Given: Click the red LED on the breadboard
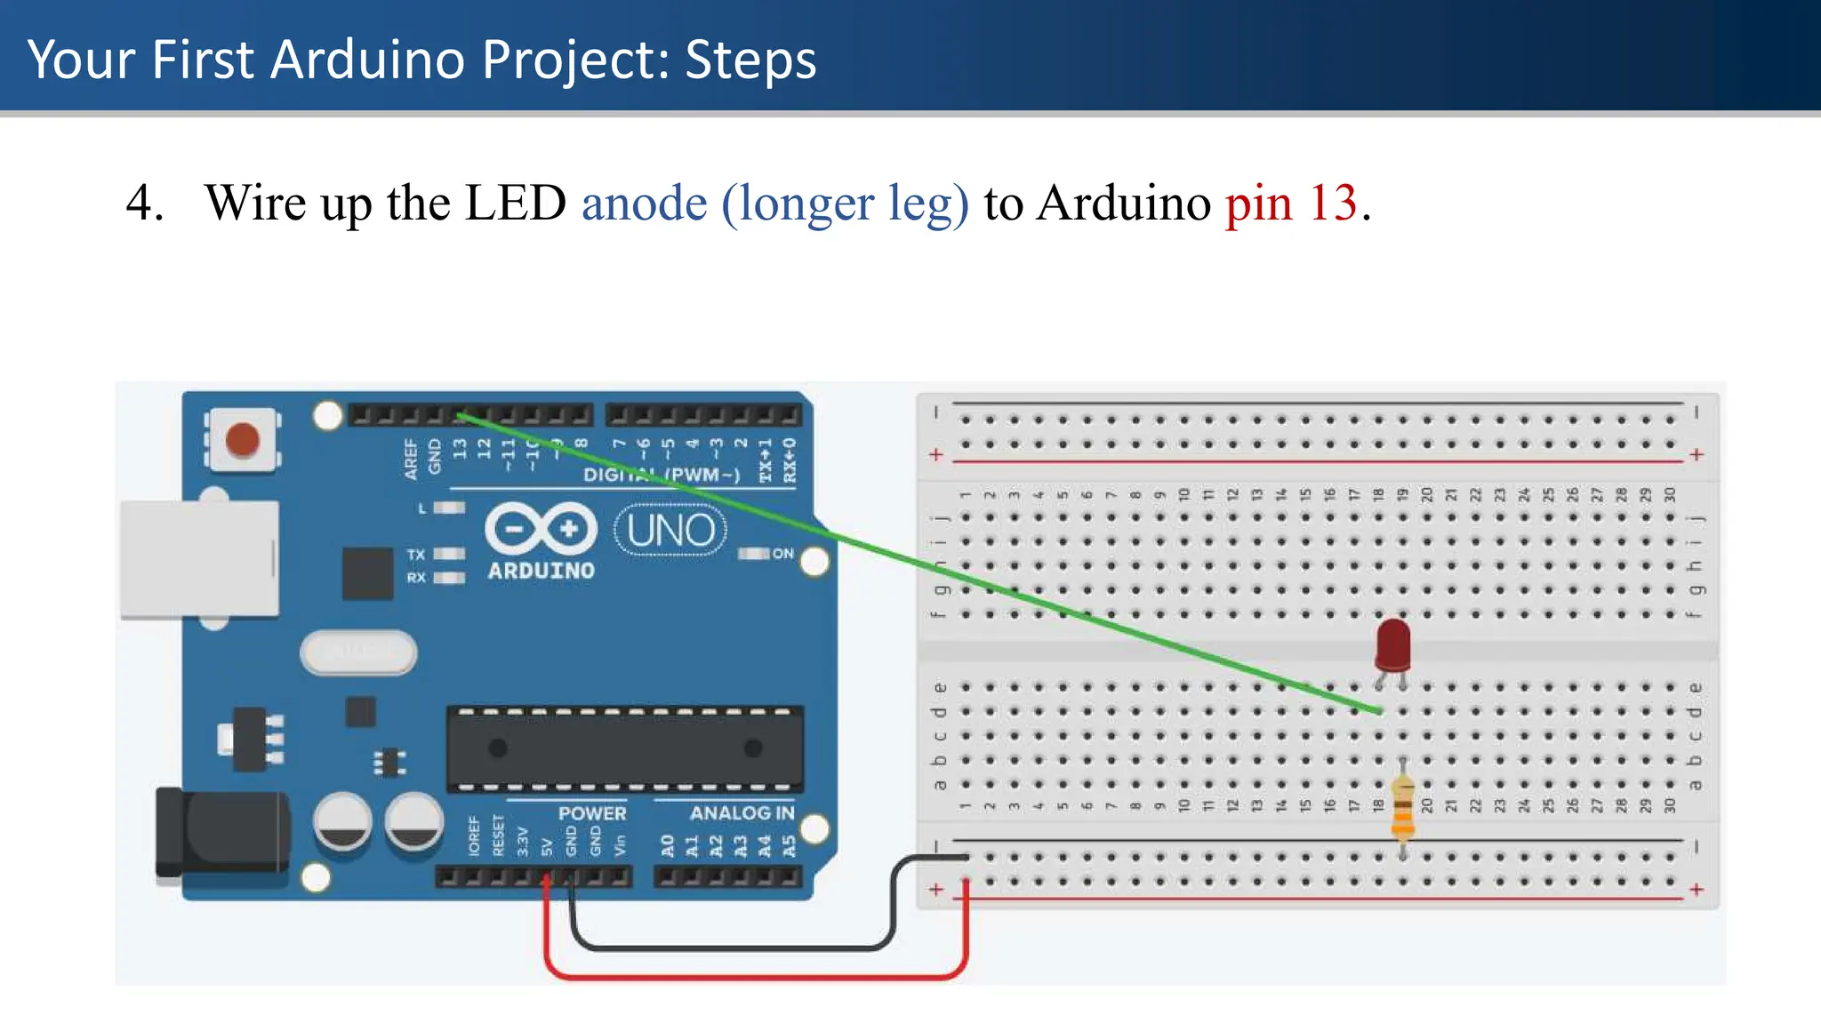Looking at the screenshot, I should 1392,644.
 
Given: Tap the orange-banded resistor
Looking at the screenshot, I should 1402,807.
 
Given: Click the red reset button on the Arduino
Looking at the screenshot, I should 242,440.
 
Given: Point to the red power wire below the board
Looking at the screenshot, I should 756,976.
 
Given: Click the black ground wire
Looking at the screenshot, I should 729,948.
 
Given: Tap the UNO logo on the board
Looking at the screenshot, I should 670,531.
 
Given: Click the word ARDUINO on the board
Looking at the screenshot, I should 541,571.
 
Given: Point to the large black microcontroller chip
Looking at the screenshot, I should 625,748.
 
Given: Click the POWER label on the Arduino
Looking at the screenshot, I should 592,812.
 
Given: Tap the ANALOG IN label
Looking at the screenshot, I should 742,812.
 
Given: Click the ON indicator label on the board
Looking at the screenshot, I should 782,554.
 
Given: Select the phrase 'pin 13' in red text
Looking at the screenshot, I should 1291,204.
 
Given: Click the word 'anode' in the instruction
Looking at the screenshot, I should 644,204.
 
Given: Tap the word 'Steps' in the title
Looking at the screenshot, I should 750,60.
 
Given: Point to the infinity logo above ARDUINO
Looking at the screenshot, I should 541,529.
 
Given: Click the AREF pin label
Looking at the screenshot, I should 410,459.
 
